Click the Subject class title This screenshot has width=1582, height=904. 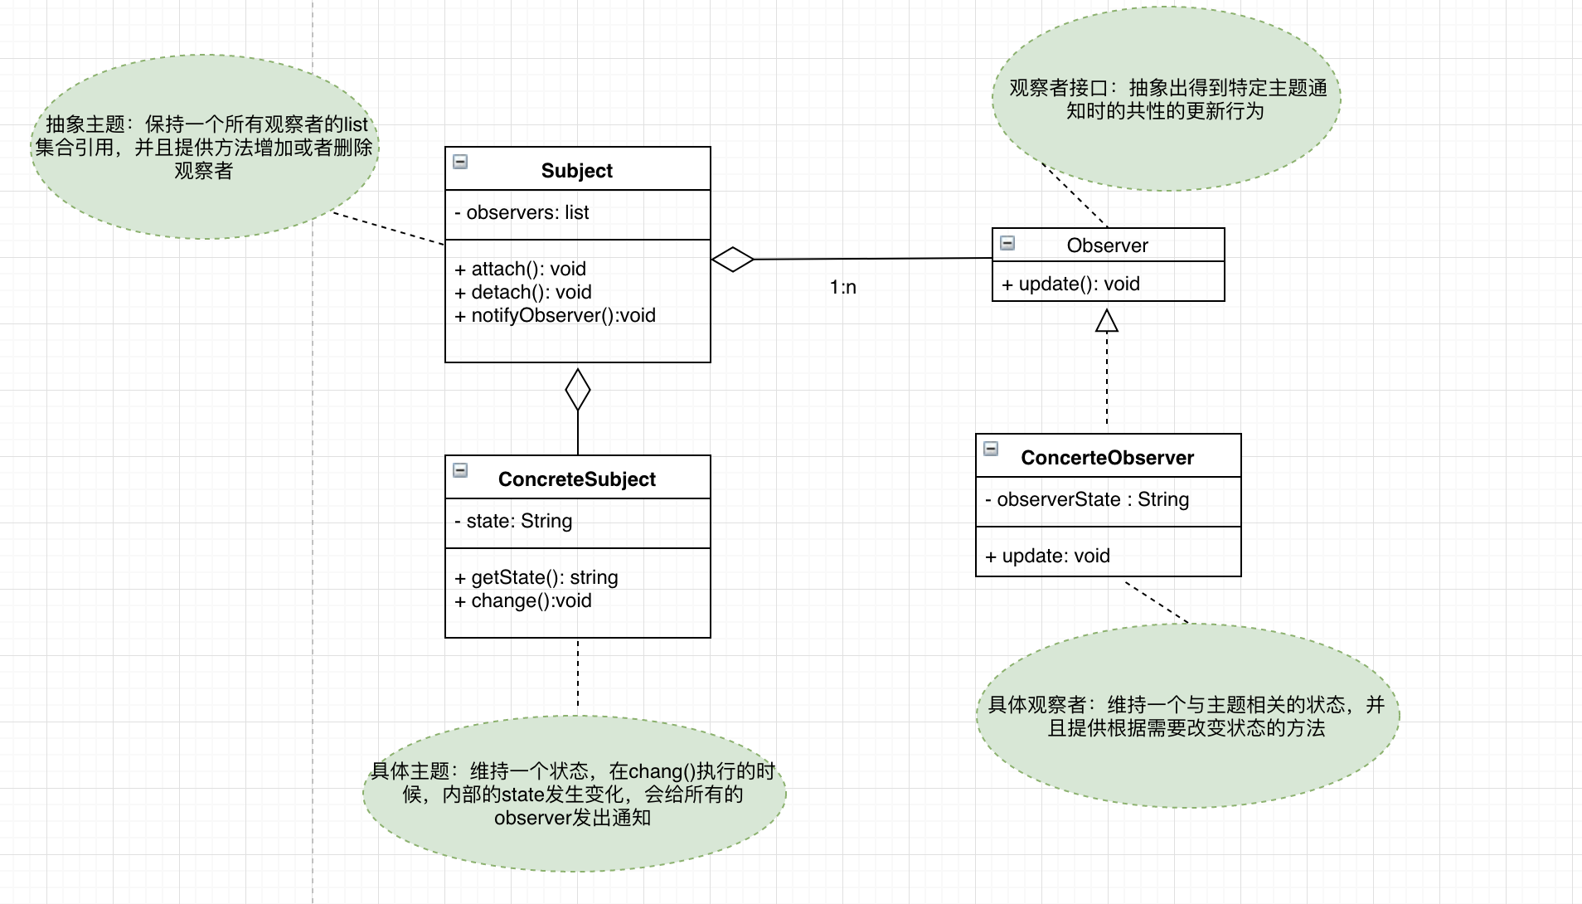[x=576, y=171]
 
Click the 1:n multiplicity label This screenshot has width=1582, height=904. [x=842, y=287]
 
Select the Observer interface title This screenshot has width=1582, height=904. [x=1107, y=245]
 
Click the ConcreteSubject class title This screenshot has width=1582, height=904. [x=576, y=479]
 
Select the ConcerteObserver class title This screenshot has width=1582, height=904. [x=1107, y=458]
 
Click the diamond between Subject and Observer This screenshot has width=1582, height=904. [x=733, y=260]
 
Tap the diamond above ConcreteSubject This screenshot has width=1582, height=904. [x=578, y=390]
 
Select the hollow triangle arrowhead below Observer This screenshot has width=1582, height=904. [x=1107, y=321]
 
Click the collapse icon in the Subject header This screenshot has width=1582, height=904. [x=460, y=162]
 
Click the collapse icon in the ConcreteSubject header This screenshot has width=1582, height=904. [x=460, y=470]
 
